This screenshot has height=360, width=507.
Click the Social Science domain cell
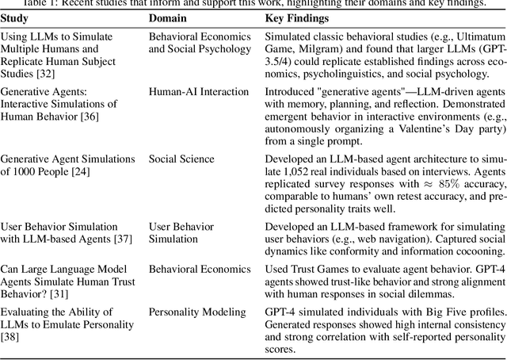181,159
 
